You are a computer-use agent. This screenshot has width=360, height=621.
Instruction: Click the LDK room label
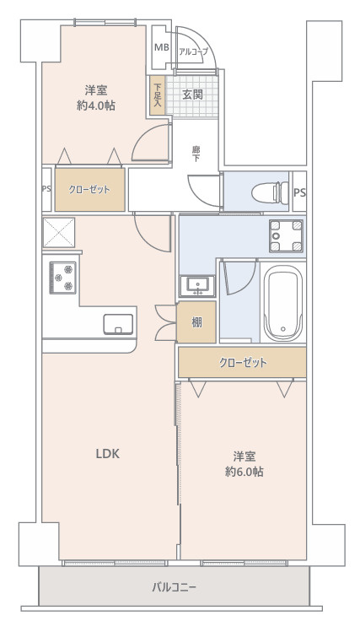click(106, 453)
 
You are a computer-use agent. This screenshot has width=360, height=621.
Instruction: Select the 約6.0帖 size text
click(244, 472)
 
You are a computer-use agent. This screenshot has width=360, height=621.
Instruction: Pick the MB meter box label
click(161, 51)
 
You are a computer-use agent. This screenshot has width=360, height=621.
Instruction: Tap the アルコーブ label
click(193, 52)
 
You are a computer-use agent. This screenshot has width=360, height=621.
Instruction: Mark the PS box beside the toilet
click(299, 192)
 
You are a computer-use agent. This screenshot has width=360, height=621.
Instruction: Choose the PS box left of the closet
click(46, 190)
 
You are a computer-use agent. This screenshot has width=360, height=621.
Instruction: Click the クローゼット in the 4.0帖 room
click(89, 190)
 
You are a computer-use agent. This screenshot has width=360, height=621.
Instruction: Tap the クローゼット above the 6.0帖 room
click(242, 363)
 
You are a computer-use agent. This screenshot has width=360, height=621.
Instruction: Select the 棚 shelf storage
click(196, 321)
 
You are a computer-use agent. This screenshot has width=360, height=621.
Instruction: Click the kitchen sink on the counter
click(116, 323)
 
